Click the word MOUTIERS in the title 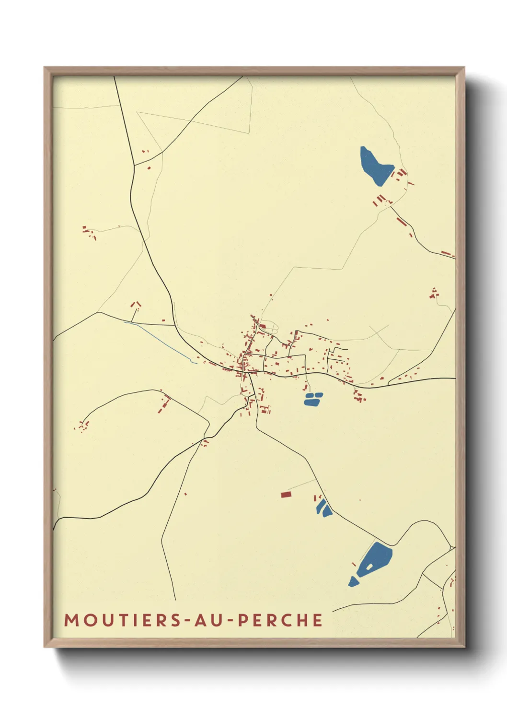coord(123,620)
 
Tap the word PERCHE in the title coord(280,620)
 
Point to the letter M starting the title coord(71,620)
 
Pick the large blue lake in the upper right coord(375,166)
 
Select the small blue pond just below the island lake coord(353,581)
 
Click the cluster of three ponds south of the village coord(313,399)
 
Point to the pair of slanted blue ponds coord(323,508)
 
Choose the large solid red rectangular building coord(286,494)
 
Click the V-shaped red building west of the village coord(136,304)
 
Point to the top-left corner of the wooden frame coord(45,68)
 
